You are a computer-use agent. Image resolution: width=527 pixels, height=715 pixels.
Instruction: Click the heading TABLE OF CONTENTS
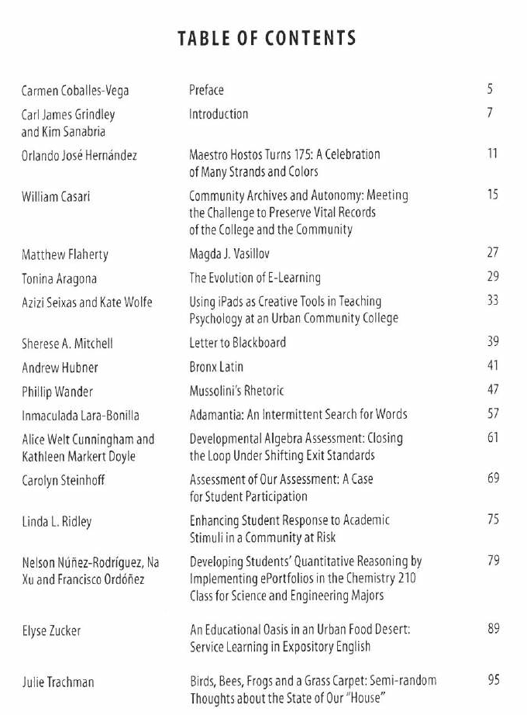(x=267, y=37)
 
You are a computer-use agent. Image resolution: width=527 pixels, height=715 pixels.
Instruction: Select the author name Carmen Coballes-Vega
(x=75, y=91)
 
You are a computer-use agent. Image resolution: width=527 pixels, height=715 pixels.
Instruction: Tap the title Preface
(x=206, y=90)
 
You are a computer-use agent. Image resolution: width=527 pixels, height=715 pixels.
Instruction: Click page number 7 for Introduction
(x=491, y=113)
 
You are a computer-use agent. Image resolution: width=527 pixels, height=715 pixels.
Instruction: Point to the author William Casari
(x=56, y=197)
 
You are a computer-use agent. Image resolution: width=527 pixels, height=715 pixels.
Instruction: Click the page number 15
(x=493, y=195)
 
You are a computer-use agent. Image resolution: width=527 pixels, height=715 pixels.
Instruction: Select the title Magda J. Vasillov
(x=229, y=254)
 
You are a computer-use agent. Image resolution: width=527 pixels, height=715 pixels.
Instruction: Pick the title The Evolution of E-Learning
(x=255, y=278)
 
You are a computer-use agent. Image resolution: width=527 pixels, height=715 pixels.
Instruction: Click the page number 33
(x=493, y=301)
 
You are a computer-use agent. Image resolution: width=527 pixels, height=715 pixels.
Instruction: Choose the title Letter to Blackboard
(x=238, y=343)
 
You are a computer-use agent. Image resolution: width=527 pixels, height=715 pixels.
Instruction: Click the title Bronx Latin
(x=216, y=367)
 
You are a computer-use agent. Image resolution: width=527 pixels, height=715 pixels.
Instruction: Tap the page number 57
(x=493, y=414)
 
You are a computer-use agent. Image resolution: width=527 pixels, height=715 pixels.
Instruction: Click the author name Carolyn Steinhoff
(x=63, y=481)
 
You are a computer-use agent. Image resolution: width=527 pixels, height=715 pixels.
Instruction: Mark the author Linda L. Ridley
(x=57, y=522)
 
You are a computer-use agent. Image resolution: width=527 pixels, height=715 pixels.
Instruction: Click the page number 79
(x=493, y=561)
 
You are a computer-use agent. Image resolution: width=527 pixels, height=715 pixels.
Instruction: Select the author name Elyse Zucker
(x=51, y=631)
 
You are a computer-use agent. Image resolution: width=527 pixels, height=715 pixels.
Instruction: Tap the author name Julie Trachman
(x=58, y=682)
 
